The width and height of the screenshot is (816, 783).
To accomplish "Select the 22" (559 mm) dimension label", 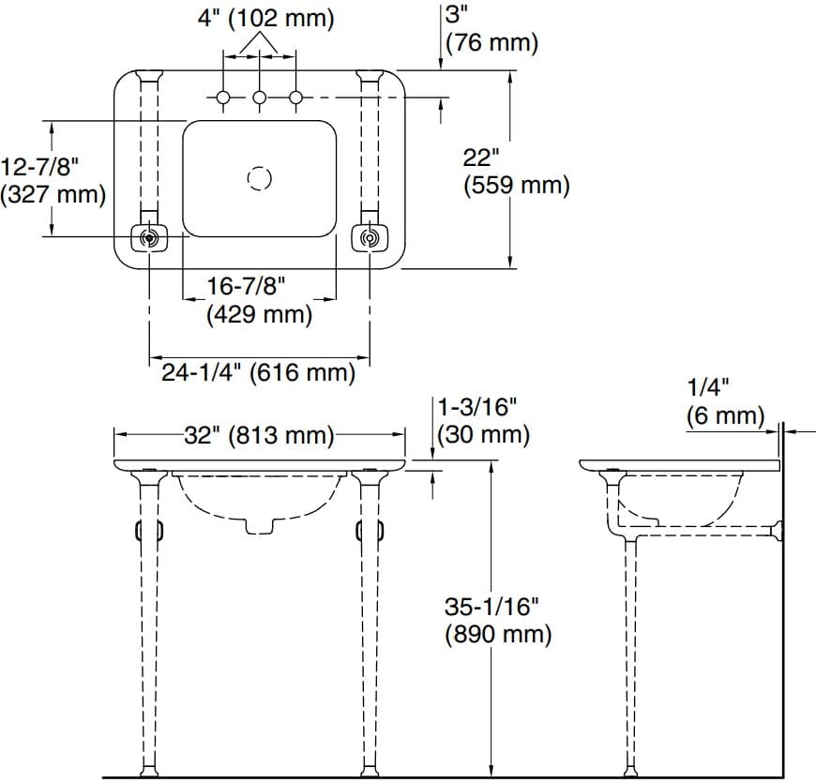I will point(516,173).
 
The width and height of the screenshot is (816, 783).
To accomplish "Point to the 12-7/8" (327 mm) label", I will point(53,180).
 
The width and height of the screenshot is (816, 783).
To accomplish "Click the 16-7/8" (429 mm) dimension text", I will point(258,300).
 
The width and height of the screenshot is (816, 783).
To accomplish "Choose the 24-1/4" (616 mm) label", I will point(258,373).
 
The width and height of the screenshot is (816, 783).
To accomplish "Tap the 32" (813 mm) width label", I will point(258,436).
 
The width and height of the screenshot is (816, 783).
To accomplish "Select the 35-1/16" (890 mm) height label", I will point(497,621).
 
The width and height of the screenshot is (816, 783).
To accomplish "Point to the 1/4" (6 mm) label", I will point(724,400).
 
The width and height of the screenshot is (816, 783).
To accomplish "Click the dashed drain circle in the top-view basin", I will point(259,178).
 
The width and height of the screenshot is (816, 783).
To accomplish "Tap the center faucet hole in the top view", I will point(260,98).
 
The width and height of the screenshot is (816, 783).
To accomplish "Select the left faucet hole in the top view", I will point(224,98).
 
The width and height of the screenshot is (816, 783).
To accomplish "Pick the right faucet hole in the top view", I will point(295,98).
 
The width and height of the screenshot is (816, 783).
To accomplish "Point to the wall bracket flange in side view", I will point(775,533).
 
